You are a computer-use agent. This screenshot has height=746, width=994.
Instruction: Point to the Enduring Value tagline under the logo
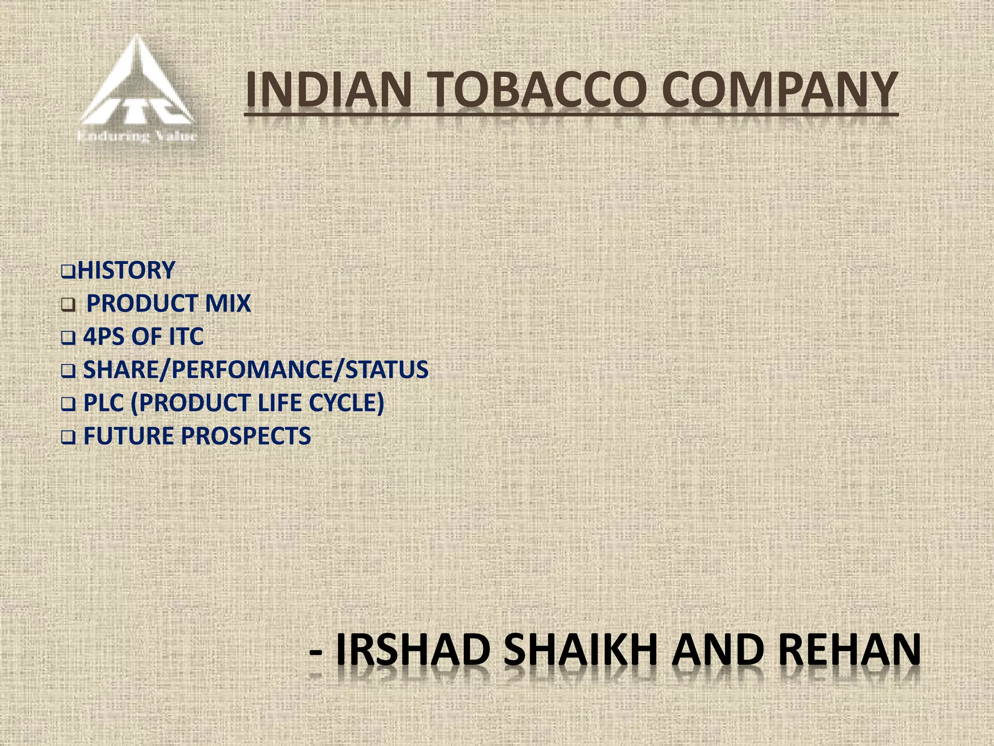137,136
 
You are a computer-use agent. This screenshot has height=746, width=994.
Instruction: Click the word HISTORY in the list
126,270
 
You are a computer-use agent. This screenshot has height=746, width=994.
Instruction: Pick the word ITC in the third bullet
185,337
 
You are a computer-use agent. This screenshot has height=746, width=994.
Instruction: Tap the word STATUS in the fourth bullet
386,370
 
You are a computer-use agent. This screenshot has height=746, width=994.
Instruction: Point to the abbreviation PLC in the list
103,403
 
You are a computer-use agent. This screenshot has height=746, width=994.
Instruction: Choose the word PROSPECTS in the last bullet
246,436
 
